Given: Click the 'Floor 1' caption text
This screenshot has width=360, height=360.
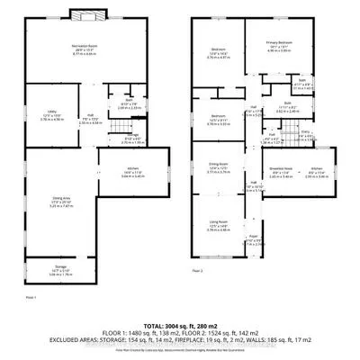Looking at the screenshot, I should (31, 295).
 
